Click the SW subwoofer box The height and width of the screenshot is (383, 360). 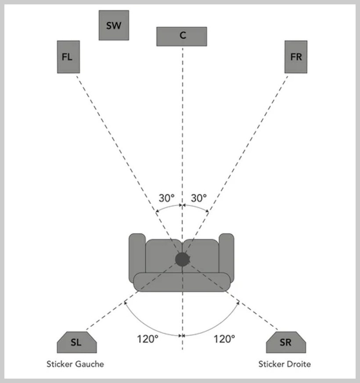click(x=114, y=25)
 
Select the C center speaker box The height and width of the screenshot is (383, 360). click(x=182, y=36)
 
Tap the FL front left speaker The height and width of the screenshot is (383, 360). click(x=68, y=57)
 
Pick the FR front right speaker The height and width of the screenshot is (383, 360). click(x=296, y=57)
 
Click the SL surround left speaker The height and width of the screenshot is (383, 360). click(x=77, y=342)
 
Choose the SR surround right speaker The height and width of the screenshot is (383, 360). click(x=286, y=342)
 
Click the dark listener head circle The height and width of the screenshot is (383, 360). click(x=182, y=259)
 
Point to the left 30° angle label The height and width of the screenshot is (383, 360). click(x=167, y=198)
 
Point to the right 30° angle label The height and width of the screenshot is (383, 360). click(x=199, y=198)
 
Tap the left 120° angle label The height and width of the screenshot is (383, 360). click(x=148, y=339)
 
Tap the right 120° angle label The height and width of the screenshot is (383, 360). click(x=224, y=339)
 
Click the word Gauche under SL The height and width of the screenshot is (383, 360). click(x=90, y=364)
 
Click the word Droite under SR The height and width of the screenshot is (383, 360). click(x=299, y=364)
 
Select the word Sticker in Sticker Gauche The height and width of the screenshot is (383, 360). click(x=60, y=364)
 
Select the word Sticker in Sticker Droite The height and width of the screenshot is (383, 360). click(x=272, y=364)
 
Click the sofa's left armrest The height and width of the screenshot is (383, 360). click(x=137, y=257)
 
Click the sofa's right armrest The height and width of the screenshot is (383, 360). click(x=227, y=257)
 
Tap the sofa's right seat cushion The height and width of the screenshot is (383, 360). click(x=202, y=256)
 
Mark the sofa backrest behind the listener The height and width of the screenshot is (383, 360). click(x=182, y=282)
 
